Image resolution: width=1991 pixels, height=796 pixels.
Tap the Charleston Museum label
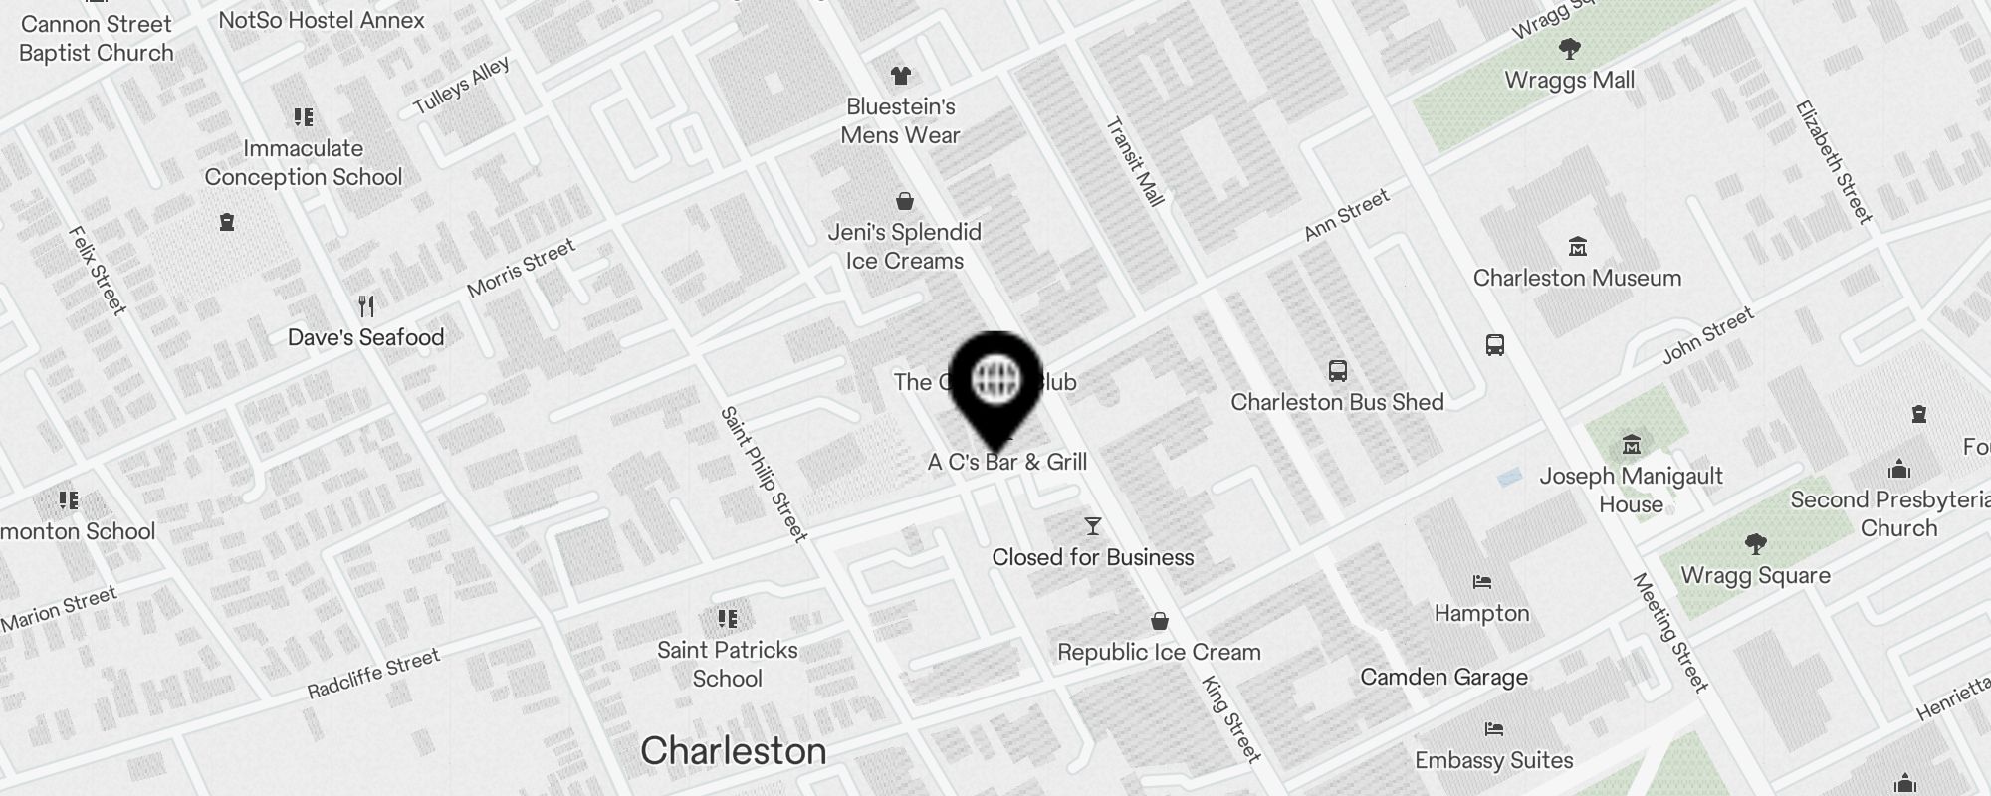pyautogui.click(x=1577, y=278)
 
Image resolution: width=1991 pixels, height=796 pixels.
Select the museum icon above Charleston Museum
pyautogui.click(x=1577, y=246)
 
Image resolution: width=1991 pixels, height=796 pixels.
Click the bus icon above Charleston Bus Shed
pyautogui.click(x=1338, y=371)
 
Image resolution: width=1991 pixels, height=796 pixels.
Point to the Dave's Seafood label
pyautogui.click(x=365, y=337)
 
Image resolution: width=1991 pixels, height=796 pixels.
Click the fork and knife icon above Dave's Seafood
pyautogui.click(x=366, y=305)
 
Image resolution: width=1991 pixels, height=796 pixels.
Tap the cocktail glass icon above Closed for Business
pyautogui.click(x=1093, y=525)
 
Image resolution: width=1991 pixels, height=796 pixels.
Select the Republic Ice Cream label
pyautogui.click(x=1159, y=652)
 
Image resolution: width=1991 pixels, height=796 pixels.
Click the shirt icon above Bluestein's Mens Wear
pyautogui.click(x=901, y=76)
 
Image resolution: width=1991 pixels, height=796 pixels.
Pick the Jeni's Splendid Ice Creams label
pyautogui.click(x=904, y=246)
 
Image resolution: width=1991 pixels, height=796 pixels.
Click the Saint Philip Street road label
pyautogui.click(x=764, y=474)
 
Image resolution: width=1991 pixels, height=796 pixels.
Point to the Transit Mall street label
pyautogui.click(x=1135, y=162)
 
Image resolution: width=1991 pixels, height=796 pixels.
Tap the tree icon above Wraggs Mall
pyautogui.click(x=1569, y=48)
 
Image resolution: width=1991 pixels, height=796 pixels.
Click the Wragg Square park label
pyautogui.click(x=1755, y=575)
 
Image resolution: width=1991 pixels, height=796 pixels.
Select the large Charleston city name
pyautogui.click(x=733, y=750)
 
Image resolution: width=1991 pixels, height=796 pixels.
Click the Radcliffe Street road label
pyautogui.click(x=373, y=674)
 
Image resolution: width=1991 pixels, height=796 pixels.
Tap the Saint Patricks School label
pyautogui.click(x=727, y=664)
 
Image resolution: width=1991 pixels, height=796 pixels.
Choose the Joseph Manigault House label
pyautogui.click(x=1631, y=490)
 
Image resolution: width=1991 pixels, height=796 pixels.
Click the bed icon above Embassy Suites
pyautogui.click(x=1493, y=729)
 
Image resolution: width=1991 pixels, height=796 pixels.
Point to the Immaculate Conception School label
pyautogui.click(x=304, y=162)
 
